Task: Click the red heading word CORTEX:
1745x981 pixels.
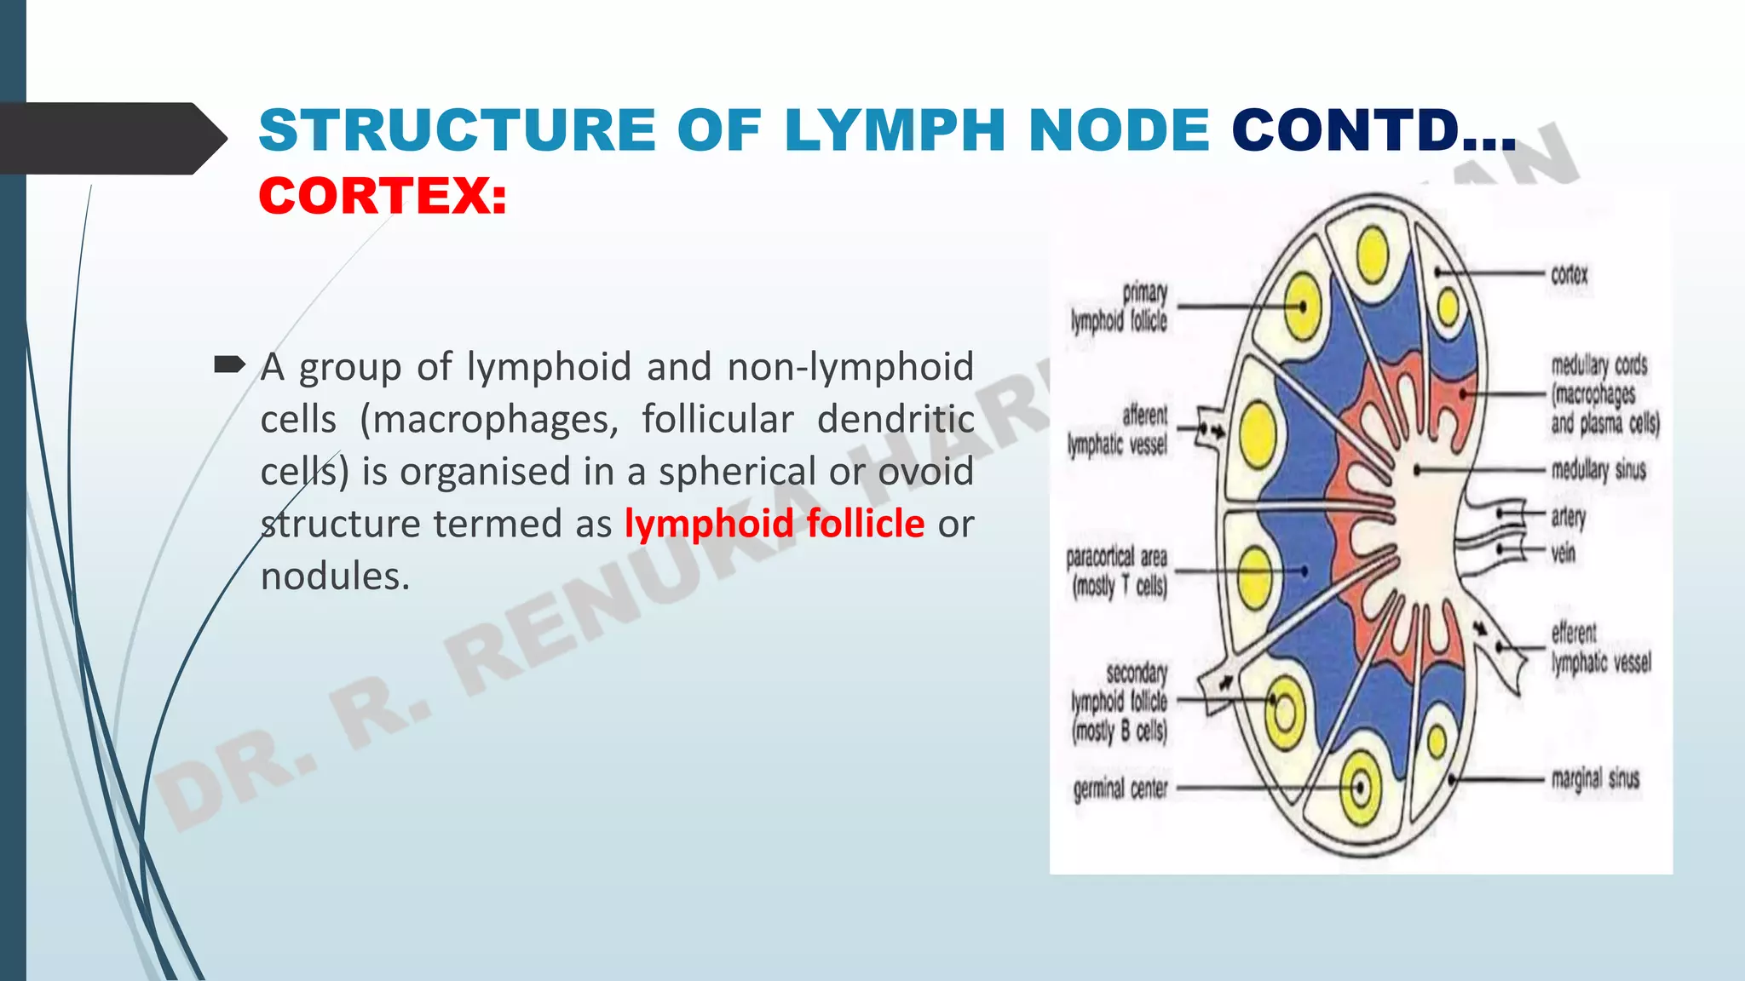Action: (x=383, y=197)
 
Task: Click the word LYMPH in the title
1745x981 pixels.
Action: (x=895, y=131)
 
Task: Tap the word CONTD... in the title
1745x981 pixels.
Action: (x=1373, y=131)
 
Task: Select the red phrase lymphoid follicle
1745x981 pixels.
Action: (x=774, y=523)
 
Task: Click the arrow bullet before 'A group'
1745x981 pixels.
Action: (x=228, y=365)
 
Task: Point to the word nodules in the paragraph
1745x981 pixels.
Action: (x=335, y=577)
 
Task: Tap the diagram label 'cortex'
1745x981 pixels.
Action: (x=1569, y=275)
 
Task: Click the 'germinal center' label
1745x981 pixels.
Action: (x=1120, y=789)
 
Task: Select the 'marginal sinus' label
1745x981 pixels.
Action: (x=1595, y=778)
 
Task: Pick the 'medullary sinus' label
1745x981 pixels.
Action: (x=1598, y=469)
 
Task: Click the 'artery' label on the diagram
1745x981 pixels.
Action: (x=1568, y=516)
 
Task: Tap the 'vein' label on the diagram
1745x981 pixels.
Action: (x=1563, y=554)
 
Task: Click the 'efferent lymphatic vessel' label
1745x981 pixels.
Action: (x=1600, y=648)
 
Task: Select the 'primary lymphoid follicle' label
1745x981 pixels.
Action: (x=1120, y=307)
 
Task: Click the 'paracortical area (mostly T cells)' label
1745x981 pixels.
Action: (x=1116, y=571)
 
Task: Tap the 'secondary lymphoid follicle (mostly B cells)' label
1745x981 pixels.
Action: (x=1120, y=702)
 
